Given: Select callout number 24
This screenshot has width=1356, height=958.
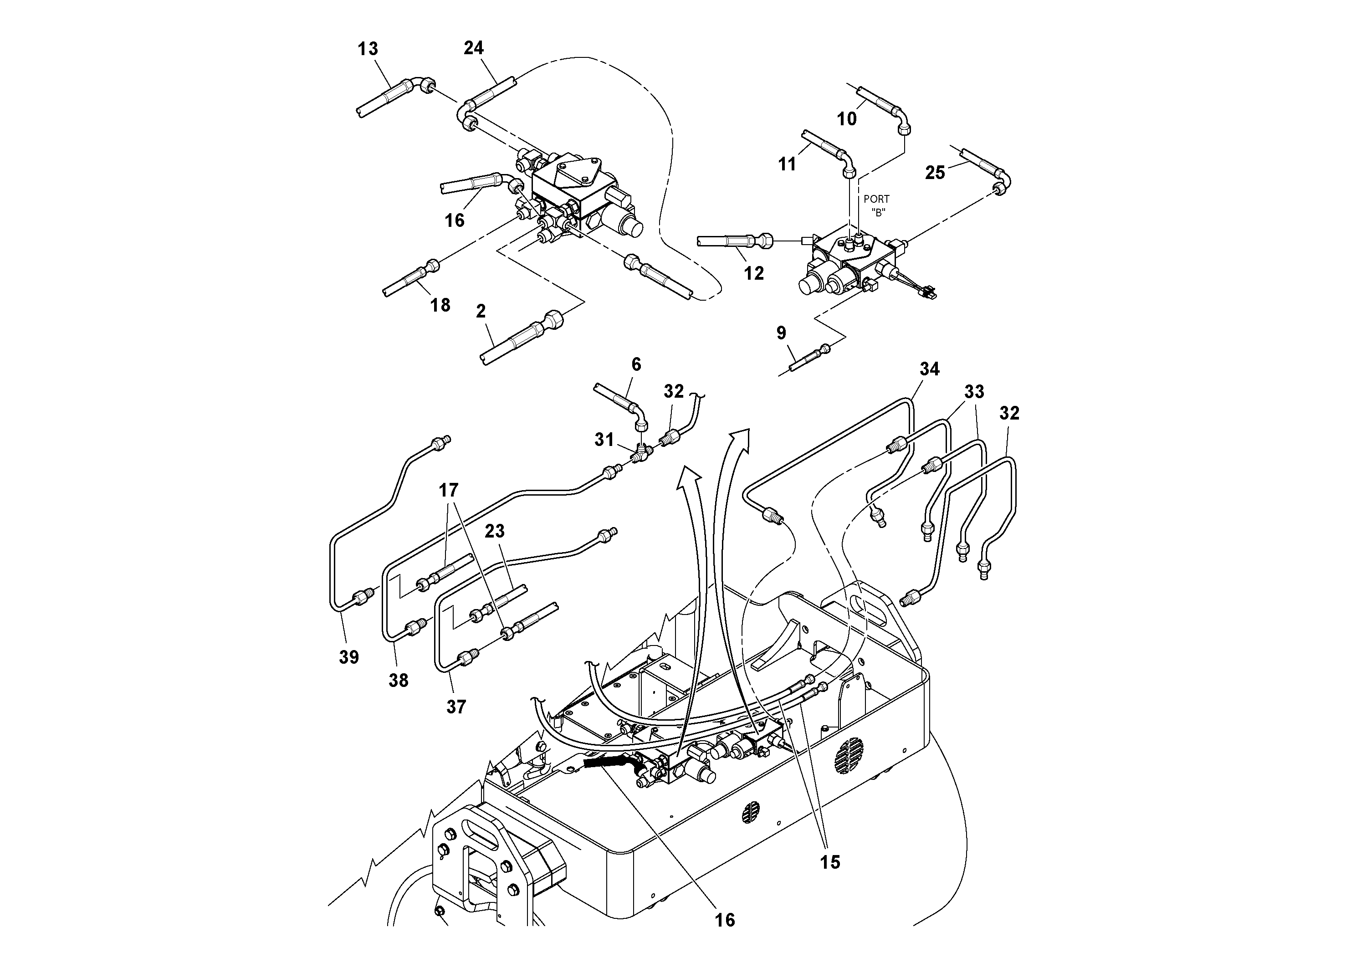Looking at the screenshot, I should (473, 48).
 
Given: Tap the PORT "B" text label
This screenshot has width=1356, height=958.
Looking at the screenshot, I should (876, 205).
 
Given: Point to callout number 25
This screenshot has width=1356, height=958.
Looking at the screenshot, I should (935, 173).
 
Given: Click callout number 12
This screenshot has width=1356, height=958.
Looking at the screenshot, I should (753, 273).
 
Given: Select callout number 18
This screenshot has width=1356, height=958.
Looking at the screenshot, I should (440, 305).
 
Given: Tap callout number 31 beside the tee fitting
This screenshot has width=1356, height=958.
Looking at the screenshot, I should (604, 440).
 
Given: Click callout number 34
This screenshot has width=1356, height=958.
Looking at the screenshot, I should (930, 369).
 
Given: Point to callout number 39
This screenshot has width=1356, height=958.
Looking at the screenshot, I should (348, 657).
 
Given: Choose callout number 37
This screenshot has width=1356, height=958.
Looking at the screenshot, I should (456, 707).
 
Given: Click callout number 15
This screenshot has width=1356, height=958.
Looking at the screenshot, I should (830, 862).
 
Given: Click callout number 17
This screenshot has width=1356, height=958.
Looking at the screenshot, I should (449, 490).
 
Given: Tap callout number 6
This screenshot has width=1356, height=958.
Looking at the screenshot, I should (636, 364).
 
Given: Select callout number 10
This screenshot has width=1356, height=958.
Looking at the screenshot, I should (846, 119).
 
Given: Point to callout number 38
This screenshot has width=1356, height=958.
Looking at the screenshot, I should (398, 681).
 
